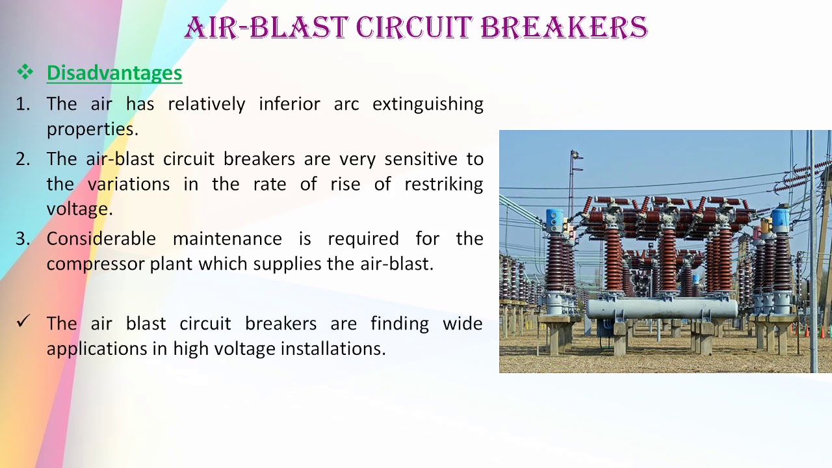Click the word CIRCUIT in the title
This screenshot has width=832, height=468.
(414, 28)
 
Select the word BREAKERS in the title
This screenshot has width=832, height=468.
(564, 28)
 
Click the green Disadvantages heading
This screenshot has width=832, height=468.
(114, 73)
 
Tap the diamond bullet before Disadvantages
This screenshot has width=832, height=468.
(25, 72)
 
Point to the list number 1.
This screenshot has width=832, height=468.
(22, 104)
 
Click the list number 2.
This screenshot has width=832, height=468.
(22, 159)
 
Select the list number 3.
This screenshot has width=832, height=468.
(22, 239)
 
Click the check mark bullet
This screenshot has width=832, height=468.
(23, 321)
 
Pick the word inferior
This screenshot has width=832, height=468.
(289, 104)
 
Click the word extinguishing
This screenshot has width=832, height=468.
(428, 104)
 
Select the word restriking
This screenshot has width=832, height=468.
(443, 184)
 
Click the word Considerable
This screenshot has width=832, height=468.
(101, 239)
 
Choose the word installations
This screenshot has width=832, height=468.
(333, 349)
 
